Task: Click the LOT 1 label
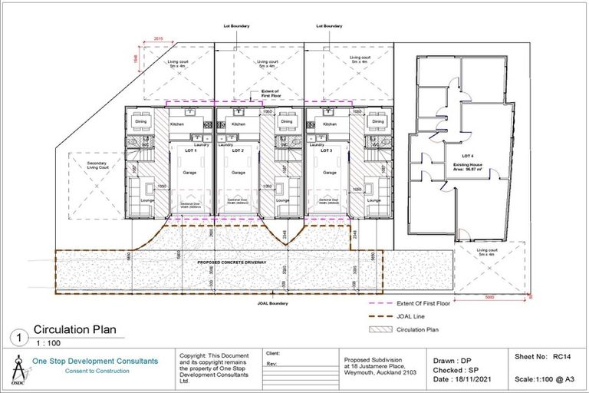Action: [x=189, y=151]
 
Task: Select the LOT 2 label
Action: [x=237, y=151]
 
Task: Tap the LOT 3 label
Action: [x=327, y=151]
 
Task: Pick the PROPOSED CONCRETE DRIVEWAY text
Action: [x=232, y=263]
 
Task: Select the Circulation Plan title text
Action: [x=75, y=330]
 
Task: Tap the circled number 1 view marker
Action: [x=17, y=337]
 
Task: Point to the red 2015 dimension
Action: [x=159, y=38]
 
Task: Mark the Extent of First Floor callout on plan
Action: [x=270, y=94]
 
